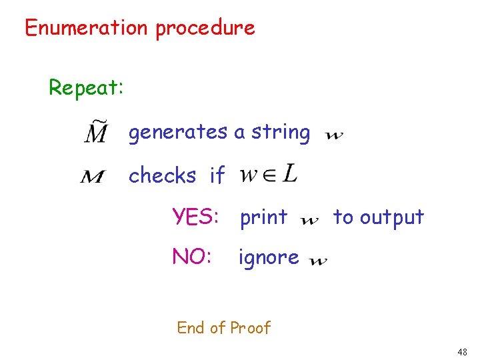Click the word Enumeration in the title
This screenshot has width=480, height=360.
tap(86, 28)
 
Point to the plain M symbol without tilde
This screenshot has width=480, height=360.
tap(93, 177)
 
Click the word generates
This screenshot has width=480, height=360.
tap(178, 133)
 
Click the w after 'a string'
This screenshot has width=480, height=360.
tap(334, 136)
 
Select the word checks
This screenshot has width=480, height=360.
tap(162, 176)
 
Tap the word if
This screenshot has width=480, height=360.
tap(217, 176)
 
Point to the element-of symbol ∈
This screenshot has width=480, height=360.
tap(267, 177)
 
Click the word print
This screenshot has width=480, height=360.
tap(263, 218)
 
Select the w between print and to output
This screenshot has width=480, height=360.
tap(310, 221)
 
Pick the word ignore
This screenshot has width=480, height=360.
tap(269, 257)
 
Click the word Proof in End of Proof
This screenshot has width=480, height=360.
tap(251, 328)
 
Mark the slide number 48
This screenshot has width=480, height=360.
tap(463, 351)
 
